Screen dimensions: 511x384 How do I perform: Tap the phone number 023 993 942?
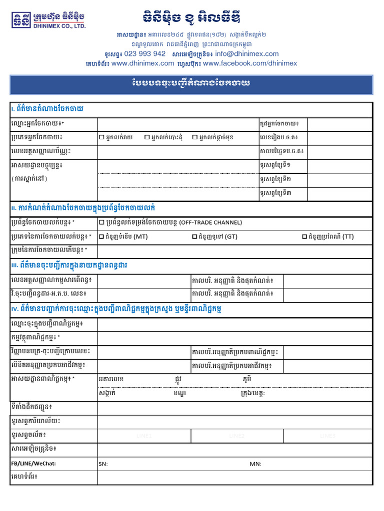click(144, 54)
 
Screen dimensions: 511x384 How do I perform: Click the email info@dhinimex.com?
click(247, 54)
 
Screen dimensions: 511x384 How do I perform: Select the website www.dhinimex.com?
click(142, 63)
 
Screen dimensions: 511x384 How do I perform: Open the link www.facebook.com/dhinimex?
click(250, 63)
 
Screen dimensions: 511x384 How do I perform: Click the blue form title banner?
click(191, 84)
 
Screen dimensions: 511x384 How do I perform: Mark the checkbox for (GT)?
click(194, 237)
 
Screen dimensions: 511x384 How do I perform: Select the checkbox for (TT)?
click(304, 237)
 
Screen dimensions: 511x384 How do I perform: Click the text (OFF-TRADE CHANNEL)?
click(210, 223)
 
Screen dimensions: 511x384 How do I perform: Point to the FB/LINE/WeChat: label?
click(33, 464)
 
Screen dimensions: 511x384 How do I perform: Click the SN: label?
click(103, 464)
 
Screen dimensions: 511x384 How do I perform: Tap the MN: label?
click(255, 464)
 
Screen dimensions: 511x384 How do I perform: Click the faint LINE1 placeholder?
click(144, 436)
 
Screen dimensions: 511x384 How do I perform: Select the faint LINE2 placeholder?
click(236, 436)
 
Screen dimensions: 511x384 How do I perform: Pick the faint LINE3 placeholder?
click(328, 436)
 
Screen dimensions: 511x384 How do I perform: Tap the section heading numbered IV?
click(115, 309)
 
